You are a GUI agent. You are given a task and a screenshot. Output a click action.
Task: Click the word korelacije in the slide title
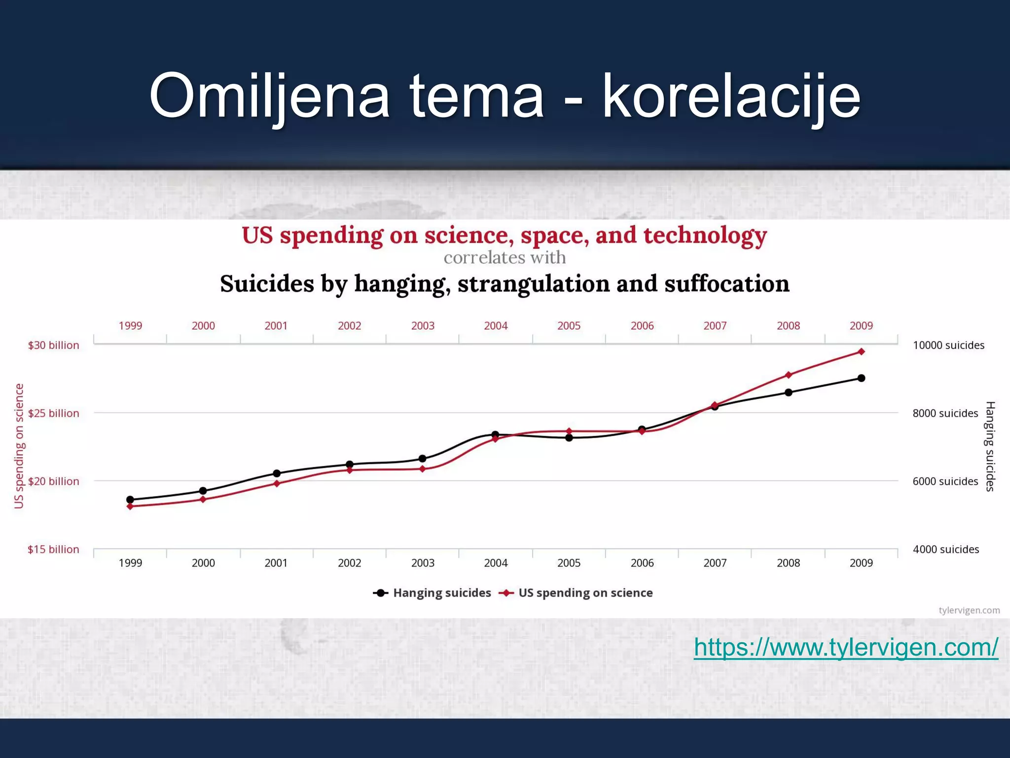(731, 96)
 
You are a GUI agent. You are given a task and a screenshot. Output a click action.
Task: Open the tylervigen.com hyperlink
(846, 647)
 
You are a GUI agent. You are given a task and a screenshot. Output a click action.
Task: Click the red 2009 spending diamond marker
(861, 352)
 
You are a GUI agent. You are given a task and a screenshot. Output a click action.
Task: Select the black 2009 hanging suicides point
(861, 379)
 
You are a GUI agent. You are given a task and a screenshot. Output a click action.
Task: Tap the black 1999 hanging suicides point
(130, 499)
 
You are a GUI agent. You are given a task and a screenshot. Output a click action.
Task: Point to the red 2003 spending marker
(423, 469)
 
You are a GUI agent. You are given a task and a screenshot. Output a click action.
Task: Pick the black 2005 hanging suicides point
(569, 438)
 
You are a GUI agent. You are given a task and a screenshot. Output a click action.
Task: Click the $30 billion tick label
(53, 345)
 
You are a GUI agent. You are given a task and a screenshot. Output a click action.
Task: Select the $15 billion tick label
(53, 549)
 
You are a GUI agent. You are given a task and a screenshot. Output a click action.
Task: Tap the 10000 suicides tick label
(948, 345)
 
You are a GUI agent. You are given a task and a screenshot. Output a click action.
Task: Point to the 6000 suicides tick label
(945, 481)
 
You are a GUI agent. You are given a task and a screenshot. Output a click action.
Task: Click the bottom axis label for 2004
(496, 563)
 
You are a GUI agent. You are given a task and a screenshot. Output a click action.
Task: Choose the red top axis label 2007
(715, 326)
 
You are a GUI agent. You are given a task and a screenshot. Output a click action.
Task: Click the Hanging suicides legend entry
(441, 593)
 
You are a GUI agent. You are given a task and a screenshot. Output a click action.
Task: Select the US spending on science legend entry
(585, 593)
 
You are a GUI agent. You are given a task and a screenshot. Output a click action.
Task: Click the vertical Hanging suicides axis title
(990, 447)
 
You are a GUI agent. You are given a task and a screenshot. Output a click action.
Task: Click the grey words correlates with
(505, 258)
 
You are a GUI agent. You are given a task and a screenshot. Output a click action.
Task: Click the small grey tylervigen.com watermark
(969, 610)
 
